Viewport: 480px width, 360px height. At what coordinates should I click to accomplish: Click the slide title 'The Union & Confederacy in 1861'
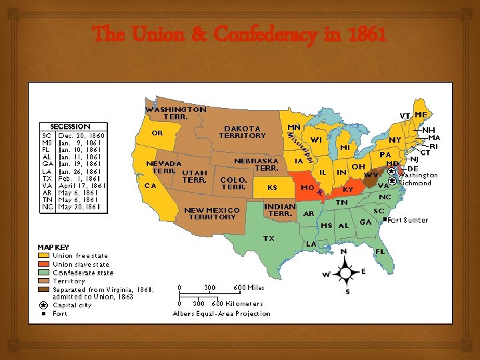(x=239, y=34)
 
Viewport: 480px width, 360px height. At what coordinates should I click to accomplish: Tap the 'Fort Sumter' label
(x=408, y=220)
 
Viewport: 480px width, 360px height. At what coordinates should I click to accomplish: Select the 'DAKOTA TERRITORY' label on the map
(x=243, y=131)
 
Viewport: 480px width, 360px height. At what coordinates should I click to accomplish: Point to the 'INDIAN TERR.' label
(x=280, y=210)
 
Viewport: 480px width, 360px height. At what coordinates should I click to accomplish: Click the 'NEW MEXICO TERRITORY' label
(x=211, y=213)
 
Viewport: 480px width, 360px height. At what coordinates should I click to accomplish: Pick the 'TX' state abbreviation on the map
(x=269, y=238)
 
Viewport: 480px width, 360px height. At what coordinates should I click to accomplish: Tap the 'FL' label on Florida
(x=380, y=251)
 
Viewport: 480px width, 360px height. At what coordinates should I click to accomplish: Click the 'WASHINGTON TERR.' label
(x=176, y=113)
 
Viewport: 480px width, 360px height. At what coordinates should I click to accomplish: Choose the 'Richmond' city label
(x=415, y=183)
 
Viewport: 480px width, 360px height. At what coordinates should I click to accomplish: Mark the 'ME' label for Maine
(x=421, y=115)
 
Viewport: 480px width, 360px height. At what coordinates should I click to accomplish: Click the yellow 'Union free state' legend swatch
(x=43, y=255)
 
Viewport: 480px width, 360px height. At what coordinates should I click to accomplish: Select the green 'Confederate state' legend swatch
(x=43, y=273)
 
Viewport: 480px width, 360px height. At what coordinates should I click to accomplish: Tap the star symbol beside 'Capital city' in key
(x=43, y=305)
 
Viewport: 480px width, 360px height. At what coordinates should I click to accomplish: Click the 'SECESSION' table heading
(x=71, y=127)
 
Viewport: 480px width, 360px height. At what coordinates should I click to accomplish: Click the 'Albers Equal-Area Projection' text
(x=221, y=313)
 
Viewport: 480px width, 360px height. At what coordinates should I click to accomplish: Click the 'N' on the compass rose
(x=343, y=251)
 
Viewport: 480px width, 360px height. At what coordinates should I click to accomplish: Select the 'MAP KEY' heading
(x=53, y=247)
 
